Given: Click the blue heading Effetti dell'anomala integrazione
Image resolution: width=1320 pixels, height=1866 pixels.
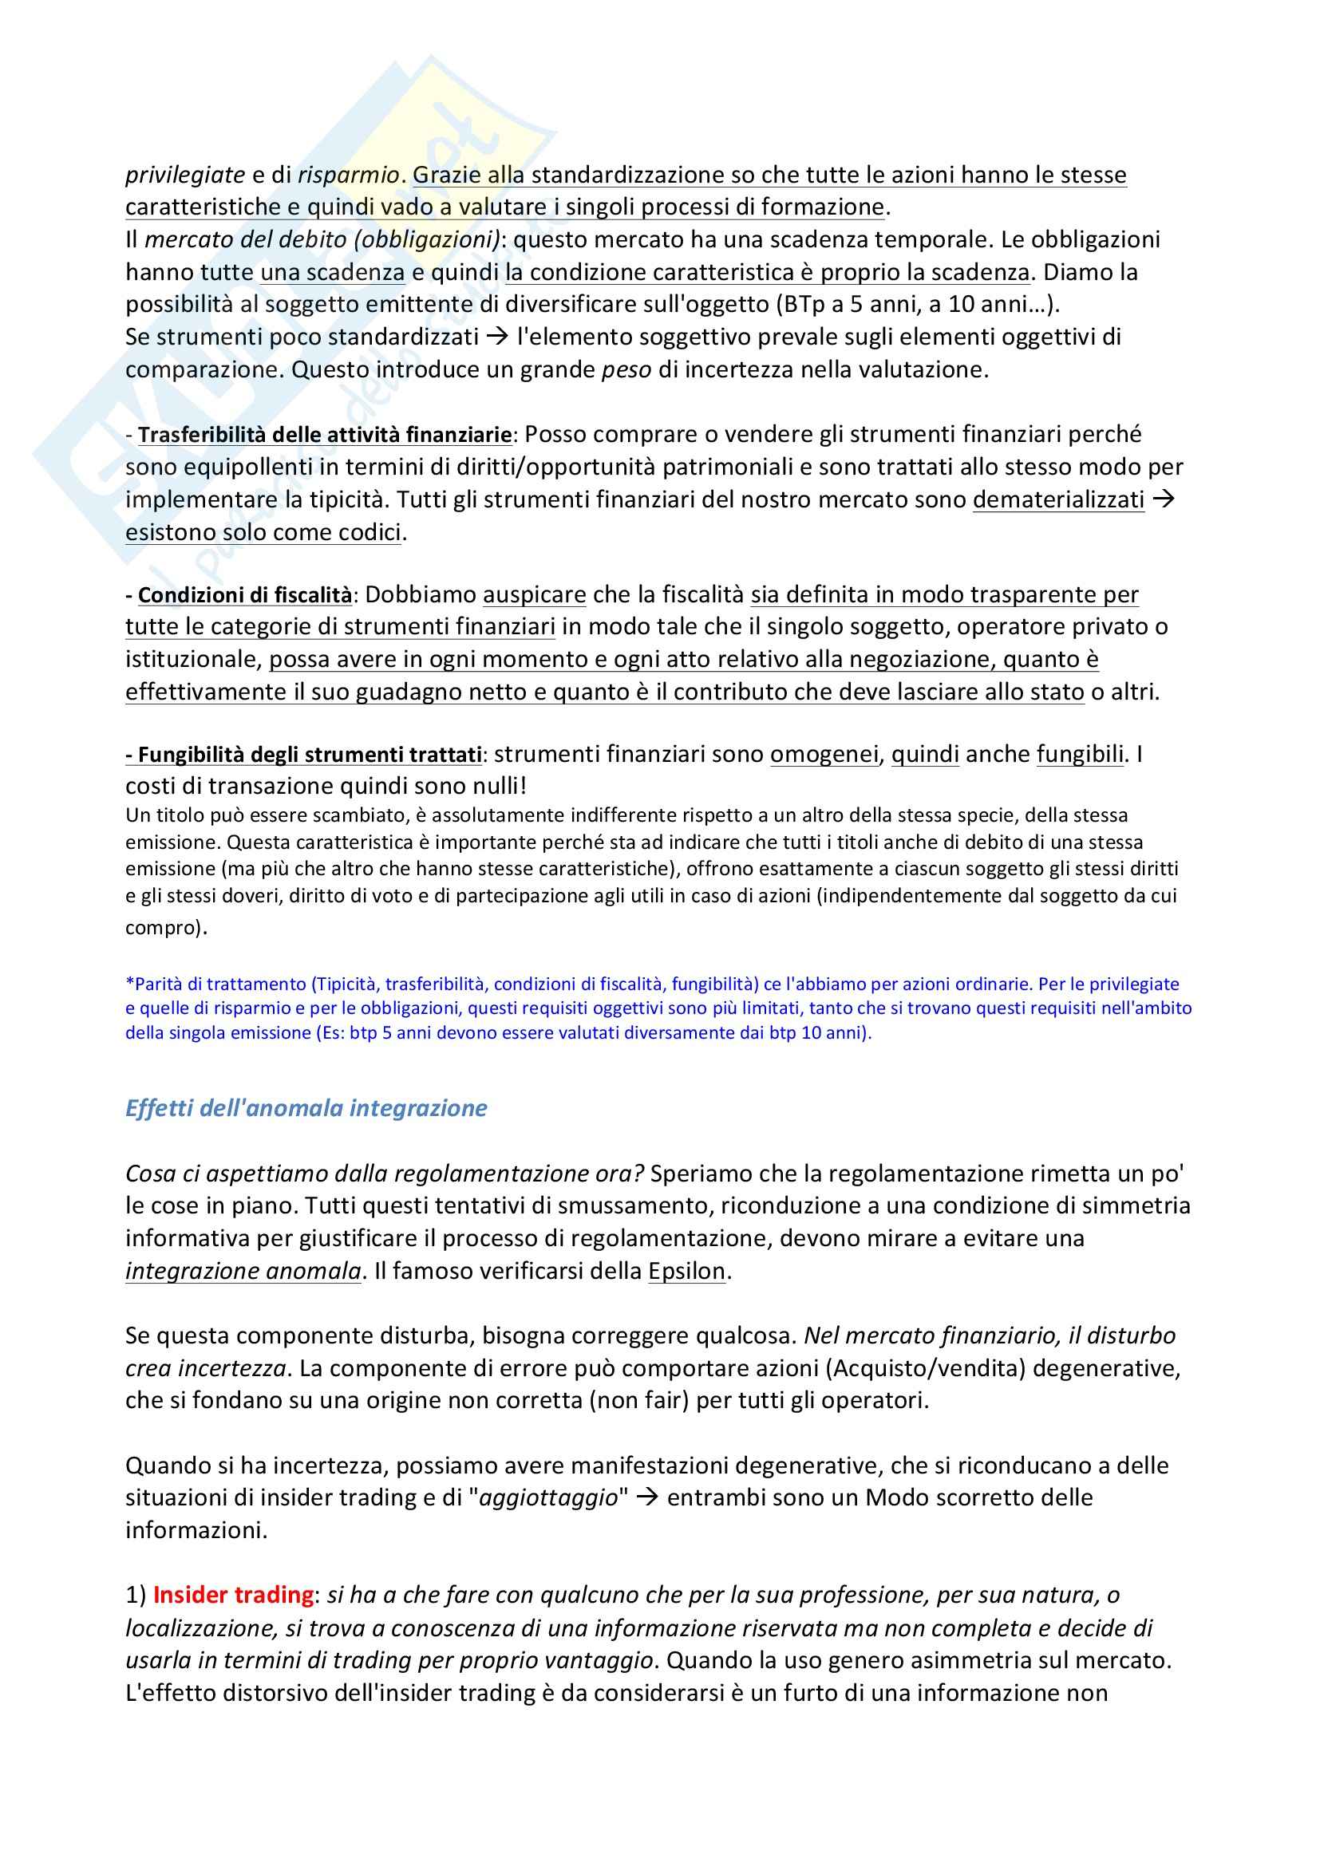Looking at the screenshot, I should [306, 1109].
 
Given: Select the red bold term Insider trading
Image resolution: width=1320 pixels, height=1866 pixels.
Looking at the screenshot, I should [233, 1595].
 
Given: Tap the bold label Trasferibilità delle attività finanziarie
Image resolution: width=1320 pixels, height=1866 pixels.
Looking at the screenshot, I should [324, 435].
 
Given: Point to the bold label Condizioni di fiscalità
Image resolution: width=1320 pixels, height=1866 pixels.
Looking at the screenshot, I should [245, 595].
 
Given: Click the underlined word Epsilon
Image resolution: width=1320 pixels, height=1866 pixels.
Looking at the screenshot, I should [686, 1271].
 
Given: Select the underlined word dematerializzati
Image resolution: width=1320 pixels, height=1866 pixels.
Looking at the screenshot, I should [1058, 500].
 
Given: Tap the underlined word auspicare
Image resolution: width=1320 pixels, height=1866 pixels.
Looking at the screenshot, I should [534, 595].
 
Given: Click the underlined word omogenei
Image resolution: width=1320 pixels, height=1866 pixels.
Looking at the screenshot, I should [824, 755].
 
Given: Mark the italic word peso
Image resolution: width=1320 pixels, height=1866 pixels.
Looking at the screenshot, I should [626, 370].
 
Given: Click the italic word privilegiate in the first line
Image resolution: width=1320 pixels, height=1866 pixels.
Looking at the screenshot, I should [185, 175].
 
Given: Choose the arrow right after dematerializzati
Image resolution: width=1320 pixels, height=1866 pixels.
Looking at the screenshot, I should [1164, 500].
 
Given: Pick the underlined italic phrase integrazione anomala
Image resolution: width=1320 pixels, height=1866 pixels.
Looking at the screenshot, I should [243, 1271].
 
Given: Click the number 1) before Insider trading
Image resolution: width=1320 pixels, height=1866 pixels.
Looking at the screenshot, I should [136, 1595].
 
